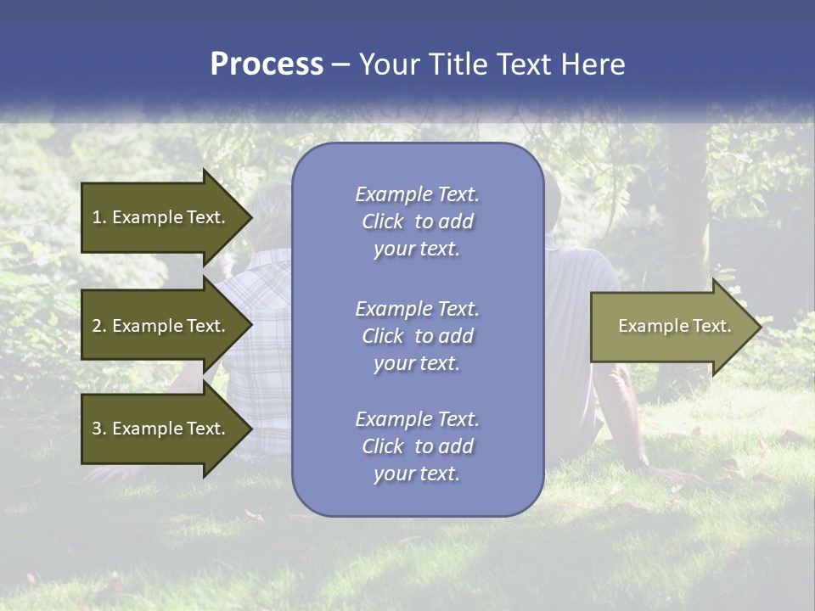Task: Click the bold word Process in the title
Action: [267, 64]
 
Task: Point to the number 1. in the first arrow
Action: [99, 217]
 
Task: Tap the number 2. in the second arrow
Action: [99, 326]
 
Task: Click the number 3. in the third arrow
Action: [99, 429]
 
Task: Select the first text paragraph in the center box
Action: [417, 221]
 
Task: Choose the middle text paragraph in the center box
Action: [417, 335]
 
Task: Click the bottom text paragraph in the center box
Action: [417, 446]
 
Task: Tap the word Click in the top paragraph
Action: [383, 221]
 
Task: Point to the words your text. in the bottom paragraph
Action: [416, 474]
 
